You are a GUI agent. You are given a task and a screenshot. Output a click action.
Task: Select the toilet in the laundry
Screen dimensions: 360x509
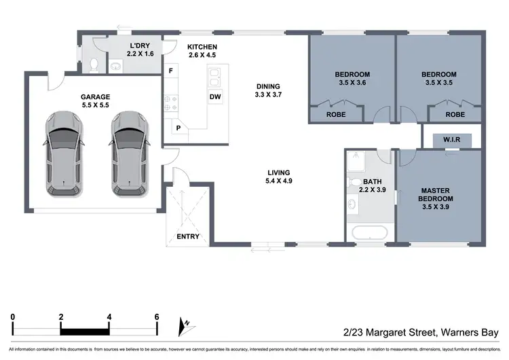(94, 65)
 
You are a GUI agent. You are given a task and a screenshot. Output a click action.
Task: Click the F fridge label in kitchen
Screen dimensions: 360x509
(172, 71)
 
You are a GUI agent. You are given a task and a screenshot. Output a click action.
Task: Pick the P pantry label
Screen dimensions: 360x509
(178, 128)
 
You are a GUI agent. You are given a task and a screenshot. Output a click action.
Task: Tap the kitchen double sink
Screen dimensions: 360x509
(214, 75)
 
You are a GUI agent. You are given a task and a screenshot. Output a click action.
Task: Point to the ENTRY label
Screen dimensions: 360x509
(188, 236)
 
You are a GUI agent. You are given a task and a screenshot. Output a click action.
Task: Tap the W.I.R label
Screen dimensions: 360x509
(453, 140)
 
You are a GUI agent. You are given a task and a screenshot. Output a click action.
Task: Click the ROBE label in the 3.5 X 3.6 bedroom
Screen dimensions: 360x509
(336, 115)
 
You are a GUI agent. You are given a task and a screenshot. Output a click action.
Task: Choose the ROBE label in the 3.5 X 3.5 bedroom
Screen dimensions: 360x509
(455, 115)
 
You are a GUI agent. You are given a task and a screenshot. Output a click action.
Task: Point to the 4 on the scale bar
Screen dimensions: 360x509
(109, 317)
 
